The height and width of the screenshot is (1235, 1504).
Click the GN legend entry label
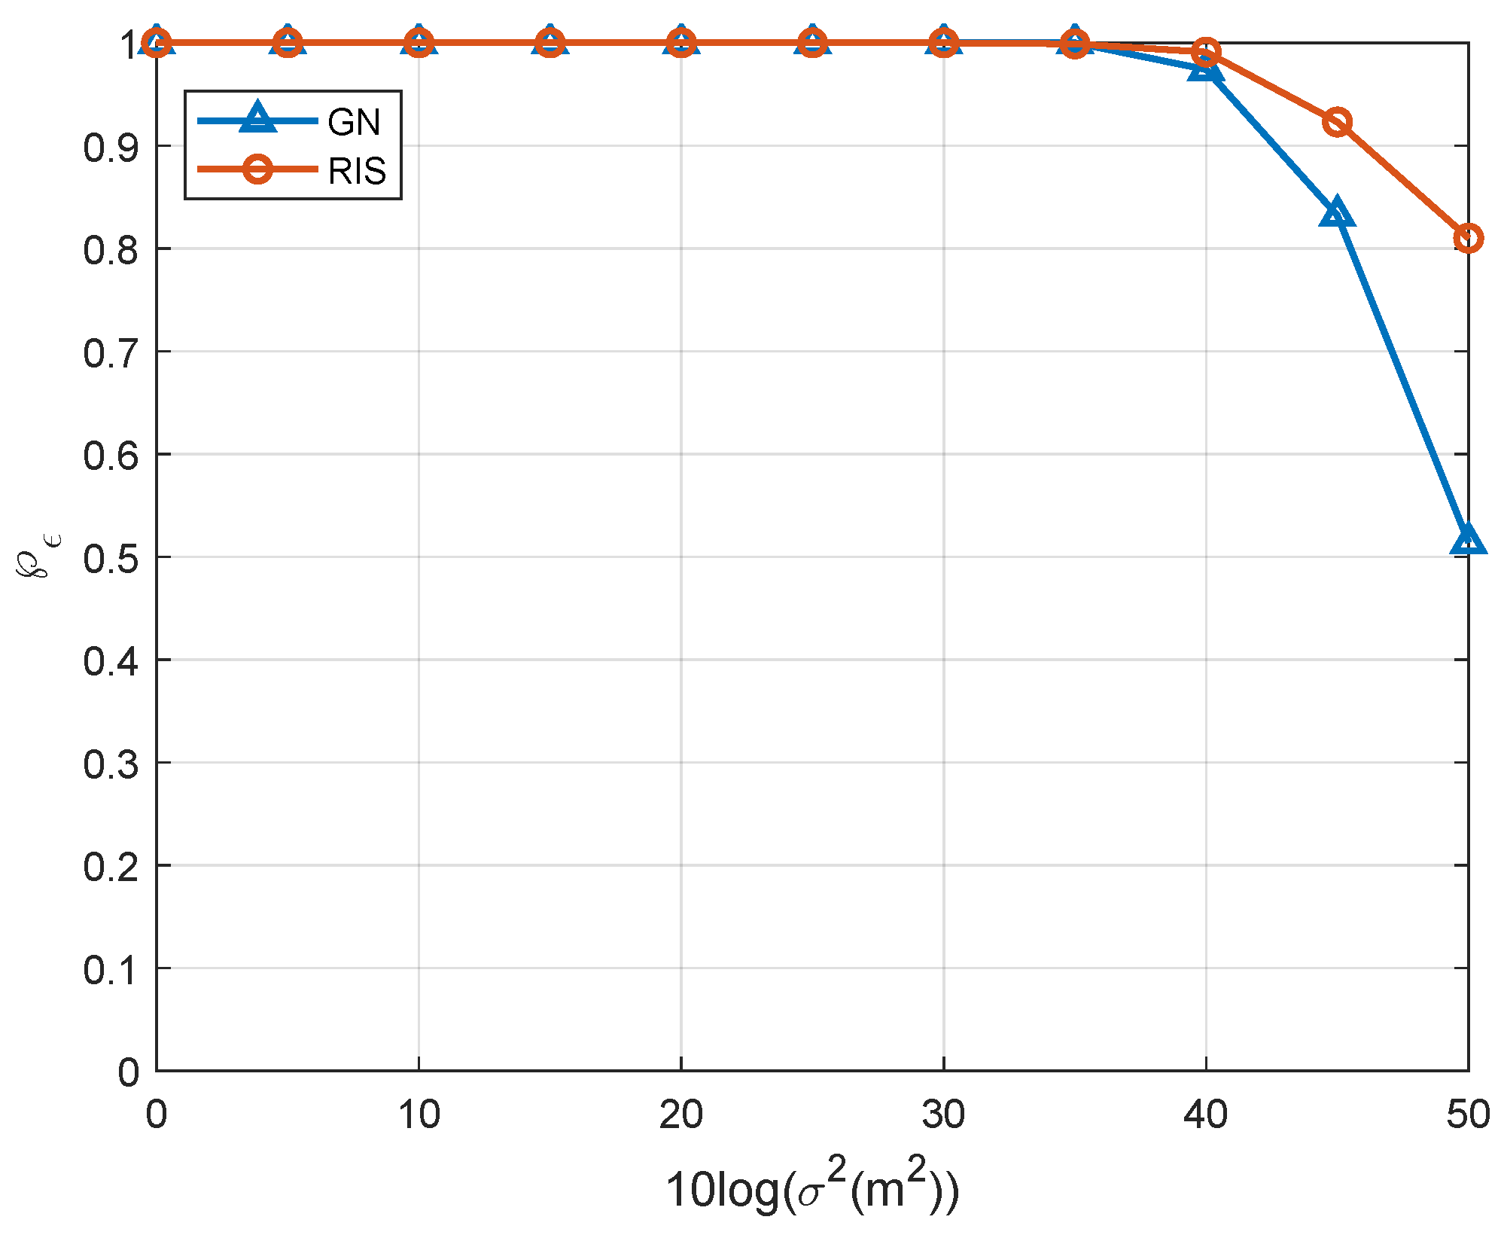pos(354,122)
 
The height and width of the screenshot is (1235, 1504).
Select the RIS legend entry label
pos(357,171)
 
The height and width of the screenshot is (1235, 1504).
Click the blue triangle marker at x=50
pos(1467,540)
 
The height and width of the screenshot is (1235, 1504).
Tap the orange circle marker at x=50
pos(1468,239)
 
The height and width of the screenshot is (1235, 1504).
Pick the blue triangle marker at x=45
pos(1336,213)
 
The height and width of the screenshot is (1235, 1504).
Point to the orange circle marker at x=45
pos(1337,122)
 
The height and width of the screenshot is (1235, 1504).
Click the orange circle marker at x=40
pos(1206,53)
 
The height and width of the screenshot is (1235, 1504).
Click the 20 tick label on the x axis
pos(680,1115)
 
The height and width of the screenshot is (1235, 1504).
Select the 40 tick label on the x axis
pos(1205,1115)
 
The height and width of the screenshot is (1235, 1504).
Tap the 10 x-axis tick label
pos(419,1115)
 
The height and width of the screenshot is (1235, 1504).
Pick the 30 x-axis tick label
pos(943,1115)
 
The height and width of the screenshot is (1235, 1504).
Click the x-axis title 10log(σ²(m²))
pos(811,1187)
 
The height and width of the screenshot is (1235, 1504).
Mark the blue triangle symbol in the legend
pos(257,119)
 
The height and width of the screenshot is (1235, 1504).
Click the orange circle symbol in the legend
pos(257,169)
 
